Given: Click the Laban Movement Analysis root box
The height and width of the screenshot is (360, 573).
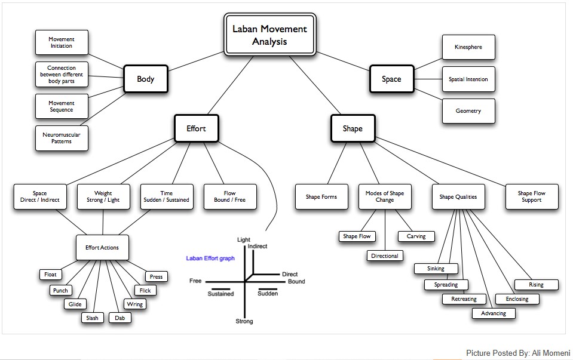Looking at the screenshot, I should coord(269,35).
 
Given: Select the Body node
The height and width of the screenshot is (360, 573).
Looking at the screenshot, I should coord(145,79).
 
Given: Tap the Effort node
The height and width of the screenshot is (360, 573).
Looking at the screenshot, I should coord(195,128).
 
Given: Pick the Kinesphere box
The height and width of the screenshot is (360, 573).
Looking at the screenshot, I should coord(468,47).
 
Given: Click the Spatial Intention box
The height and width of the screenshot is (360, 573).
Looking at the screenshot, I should coord(468,79).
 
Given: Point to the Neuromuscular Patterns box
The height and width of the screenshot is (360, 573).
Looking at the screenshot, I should coord(62,139).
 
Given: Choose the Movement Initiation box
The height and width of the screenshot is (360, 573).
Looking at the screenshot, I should coord(62,43).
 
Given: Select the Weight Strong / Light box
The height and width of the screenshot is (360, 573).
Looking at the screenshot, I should coord(103,196).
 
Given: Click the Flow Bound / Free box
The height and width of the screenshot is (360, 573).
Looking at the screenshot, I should coord(230,196).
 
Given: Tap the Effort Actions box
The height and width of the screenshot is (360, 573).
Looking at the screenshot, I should coord(102,247).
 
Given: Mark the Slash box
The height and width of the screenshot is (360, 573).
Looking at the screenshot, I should coord(92,318).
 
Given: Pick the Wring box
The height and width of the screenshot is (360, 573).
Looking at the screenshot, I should coord(135,304).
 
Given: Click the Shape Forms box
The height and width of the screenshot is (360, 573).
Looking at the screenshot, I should coord(321,196).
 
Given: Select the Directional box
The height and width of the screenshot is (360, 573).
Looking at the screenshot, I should coord(384,256).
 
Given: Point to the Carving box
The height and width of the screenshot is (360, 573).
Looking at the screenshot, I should coord(416,236).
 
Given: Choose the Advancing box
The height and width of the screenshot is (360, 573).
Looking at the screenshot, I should coord(494,313).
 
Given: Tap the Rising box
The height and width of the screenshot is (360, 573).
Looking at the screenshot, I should coord(536,285).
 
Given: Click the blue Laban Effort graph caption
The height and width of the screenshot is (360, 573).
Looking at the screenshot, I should coord(210,259).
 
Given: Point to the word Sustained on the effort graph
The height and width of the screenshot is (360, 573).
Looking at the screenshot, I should coord(220,294).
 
